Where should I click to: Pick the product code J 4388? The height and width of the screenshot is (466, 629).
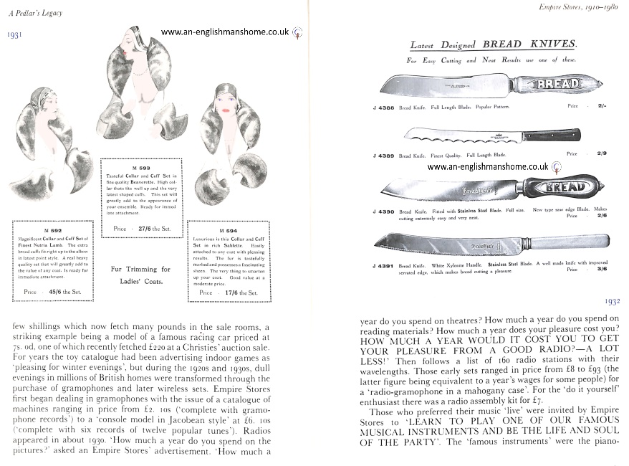tap(385, 105)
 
